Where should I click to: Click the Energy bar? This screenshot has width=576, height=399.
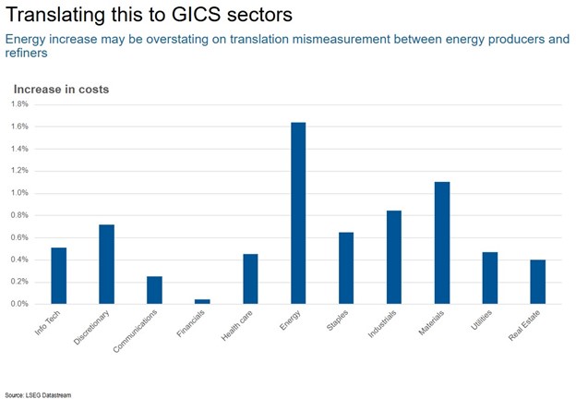coord(298,212)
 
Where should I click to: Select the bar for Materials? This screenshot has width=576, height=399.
coord(442,243)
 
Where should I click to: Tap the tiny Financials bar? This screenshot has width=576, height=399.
coord(202,301)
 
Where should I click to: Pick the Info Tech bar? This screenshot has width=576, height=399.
coord(58,275)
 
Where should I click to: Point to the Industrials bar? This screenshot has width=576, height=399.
coord(394,257)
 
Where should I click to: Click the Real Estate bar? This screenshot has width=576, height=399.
coord(538,282)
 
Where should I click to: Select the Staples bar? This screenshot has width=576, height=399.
coord(346,268)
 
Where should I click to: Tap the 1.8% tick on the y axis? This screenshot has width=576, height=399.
coord(20,104)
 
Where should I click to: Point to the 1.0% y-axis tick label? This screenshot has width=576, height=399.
coord(20,193)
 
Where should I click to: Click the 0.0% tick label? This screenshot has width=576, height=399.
coord(20,304)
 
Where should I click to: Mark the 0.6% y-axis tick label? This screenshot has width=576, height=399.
coord(20,237)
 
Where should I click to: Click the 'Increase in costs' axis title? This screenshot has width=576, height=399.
coord(61,89)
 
